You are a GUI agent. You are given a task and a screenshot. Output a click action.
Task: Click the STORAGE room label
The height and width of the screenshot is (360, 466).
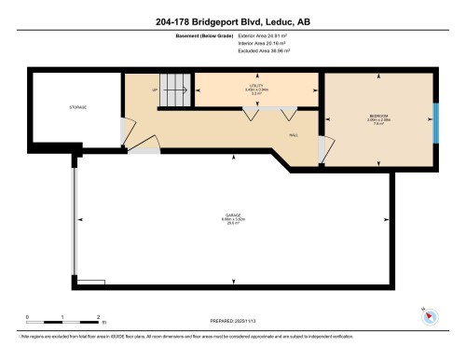77,108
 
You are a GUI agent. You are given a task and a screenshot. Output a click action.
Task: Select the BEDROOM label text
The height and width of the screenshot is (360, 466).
380,118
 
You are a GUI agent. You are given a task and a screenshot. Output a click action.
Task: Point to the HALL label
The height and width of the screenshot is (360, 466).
293,133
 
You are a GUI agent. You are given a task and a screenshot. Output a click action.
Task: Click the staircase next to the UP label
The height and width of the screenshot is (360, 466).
175,91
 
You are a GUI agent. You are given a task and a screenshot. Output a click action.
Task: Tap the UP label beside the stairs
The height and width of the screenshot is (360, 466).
155,90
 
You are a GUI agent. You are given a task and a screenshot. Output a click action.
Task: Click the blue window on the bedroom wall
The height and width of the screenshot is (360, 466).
436,119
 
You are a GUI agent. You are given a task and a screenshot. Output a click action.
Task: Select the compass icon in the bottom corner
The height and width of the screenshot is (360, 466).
430,314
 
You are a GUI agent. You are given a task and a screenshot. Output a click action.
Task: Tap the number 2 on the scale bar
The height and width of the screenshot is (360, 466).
97,317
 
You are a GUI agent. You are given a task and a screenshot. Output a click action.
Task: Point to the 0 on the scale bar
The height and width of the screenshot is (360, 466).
27,317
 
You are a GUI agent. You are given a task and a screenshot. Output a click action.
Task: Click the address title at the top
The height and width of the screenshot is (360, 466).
233,22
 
